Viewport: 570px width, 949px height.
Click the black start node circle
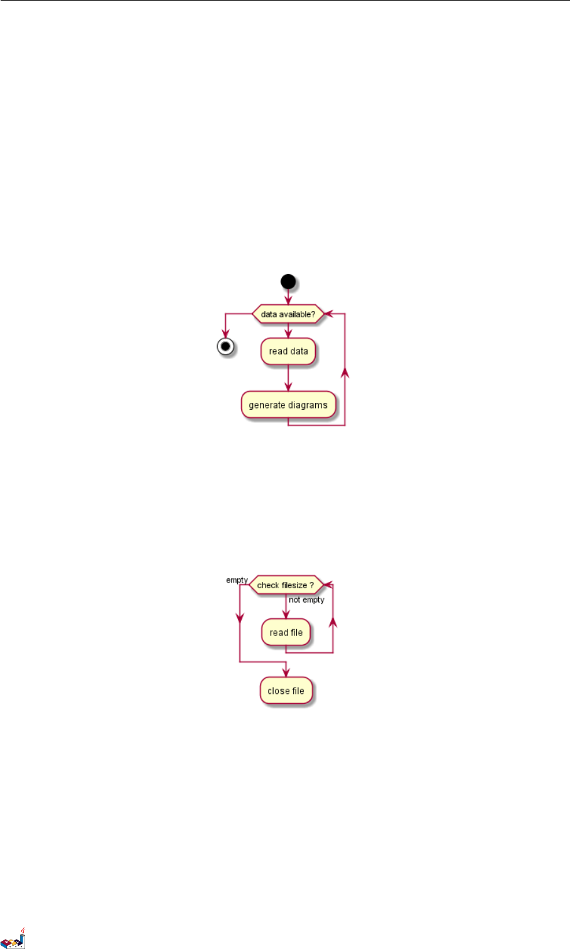pos(288,281)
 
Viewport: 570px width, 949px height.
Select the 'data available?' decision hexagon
pos(288,314)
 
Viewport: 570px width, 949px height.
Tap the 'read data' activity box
pos(288,351)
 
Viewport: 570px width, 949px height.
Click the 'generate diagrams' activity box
pos(288,405)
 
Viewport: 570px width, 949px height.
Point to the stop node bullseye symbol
pos(225,346)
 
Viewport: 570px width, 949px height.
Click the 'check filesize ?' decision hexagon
pos(286,585)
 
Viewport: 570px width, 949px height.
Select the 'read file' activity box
pos(286,633)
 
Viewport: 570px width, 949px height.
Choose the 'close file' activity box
pos(286,691)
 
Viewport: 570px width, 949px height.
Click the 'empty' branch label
pos(237,580)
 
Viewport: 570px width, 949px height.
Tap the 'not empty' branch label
pos(306,600)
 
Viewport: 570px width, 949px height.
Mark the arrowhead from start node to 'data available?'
pos(288,301)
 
